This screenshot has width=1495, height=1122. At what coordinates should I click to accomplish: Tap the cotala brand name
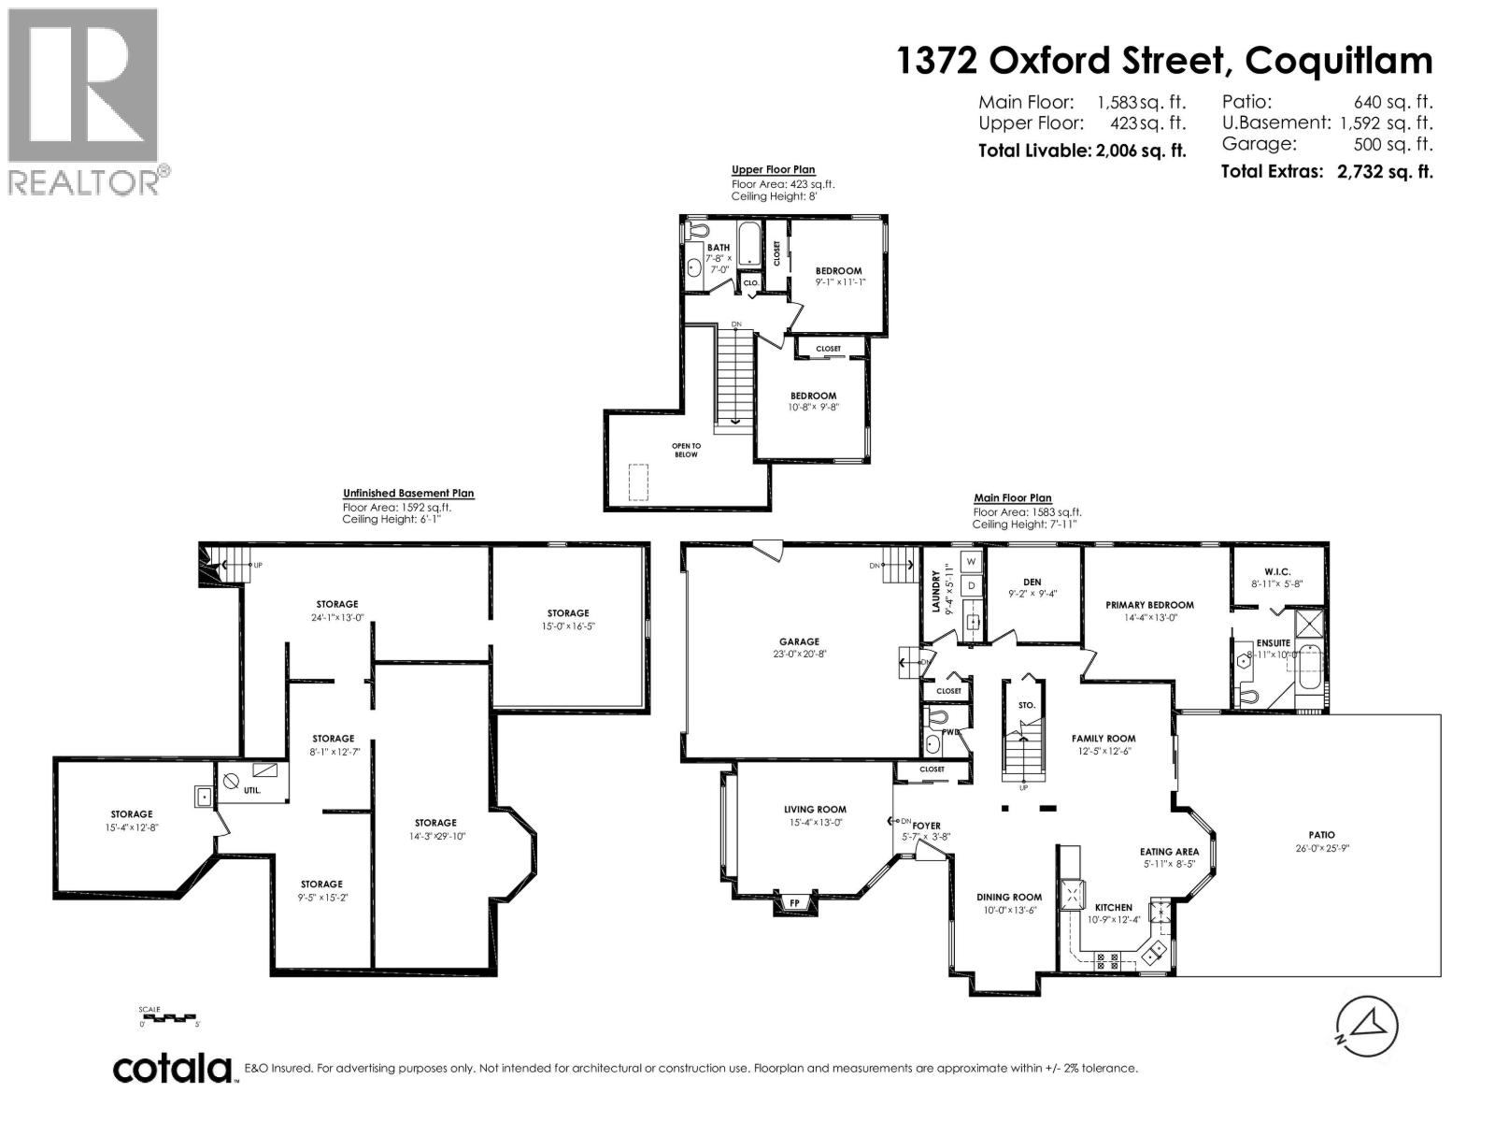(173, 1068)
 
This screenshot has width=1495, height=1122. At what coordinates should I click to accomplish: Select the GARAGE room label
(799, 641)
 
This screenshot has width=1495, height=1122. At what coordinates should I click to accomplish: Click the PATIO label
(1321, 835)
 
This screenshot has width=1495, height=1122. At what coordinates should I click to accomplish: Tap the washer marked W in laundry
(971, 561)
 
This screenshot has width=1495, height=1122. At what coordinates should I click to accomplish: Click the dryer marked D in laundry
(971, 585)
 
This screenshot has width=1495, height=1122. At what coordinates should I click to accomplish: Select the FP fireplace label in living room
(794, 903)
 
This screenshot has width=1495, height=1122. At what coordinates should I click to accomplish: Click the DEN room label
(1031, 582)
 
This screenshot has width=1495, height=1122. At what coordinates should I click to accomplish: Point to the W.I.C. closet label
(1276, 570)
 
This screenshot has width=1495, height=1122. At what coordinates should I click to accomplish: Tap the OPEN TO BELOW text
(686, 450)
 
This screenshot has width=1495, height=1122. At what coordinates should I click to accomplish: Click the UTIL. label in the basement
(252, 790)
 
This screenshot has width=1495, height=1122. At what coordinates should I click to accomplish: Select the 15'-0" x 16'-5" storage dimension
(568, 626)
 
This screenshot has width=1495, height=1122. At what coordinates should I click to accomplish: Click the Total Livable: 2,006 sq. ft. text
(1081, 150)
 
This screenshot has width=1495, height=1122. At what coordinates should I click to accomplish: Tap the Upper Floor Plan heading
(773, 170)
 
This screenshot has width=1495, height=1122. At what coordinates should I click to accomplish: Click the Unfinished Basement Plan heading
(407, 494)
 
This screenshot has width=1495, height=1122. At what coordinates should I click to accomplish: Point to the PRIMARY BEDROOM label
(1149, 605)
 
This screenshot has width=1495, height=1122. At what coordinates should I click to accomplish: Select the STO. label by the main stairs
(1026, 705)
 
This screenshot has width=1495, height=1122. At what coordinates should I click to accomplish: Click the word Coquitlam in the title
(1339, 61)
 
